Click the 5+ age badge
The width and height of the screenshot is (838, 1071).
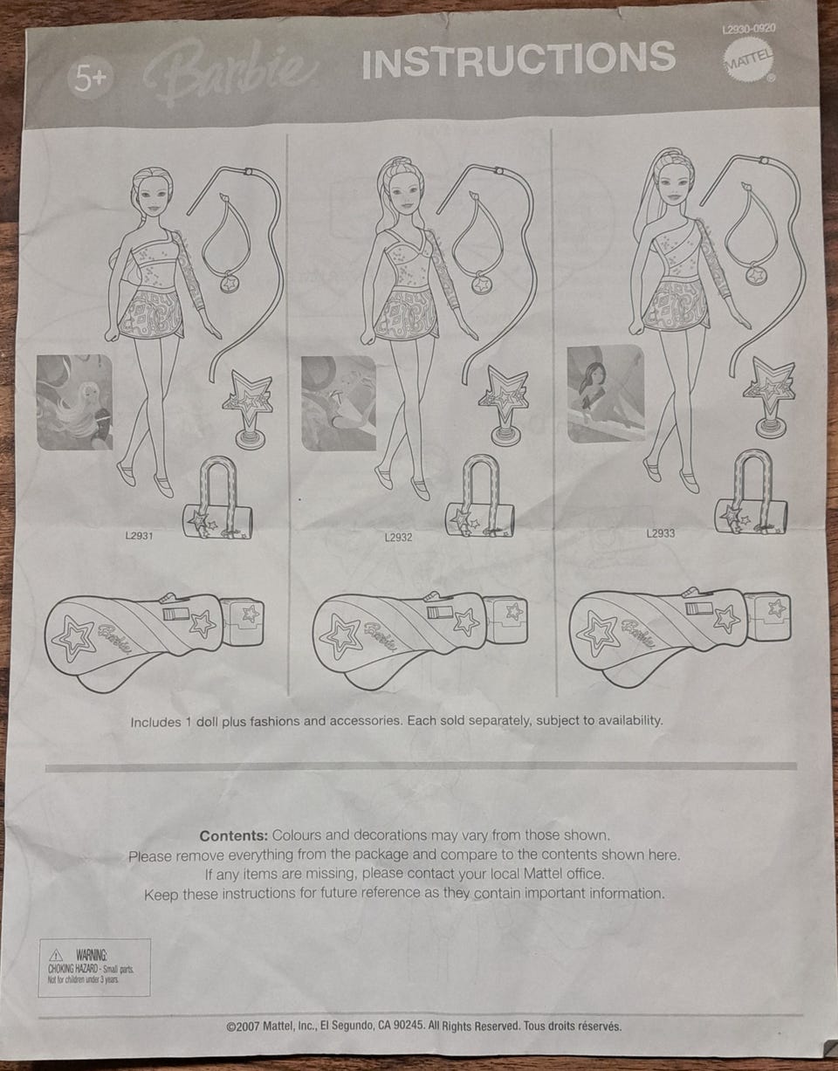tap(89, 78)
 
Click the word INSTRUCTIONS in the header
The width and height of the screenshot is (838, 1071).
tap(519, 59)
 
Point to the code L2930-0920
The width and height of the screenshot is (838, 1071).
tap(749, 28)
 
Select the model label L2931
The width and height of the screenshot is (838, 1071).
tap(139, 536)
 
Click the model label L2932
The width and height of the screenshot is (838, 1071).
tap(398, 537)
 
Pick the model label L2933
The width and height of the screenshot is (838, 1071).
tap(661, 533)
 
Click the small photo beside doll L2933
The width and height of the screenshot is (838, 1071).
tap(606, 393)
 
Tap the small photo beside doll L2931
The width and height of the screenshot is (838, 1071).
tap(74, 402)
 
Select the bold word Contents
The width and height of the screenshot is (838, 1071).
tap(234, 836)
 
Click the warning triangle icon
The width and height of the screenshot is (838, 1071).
tap(56, 955)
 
